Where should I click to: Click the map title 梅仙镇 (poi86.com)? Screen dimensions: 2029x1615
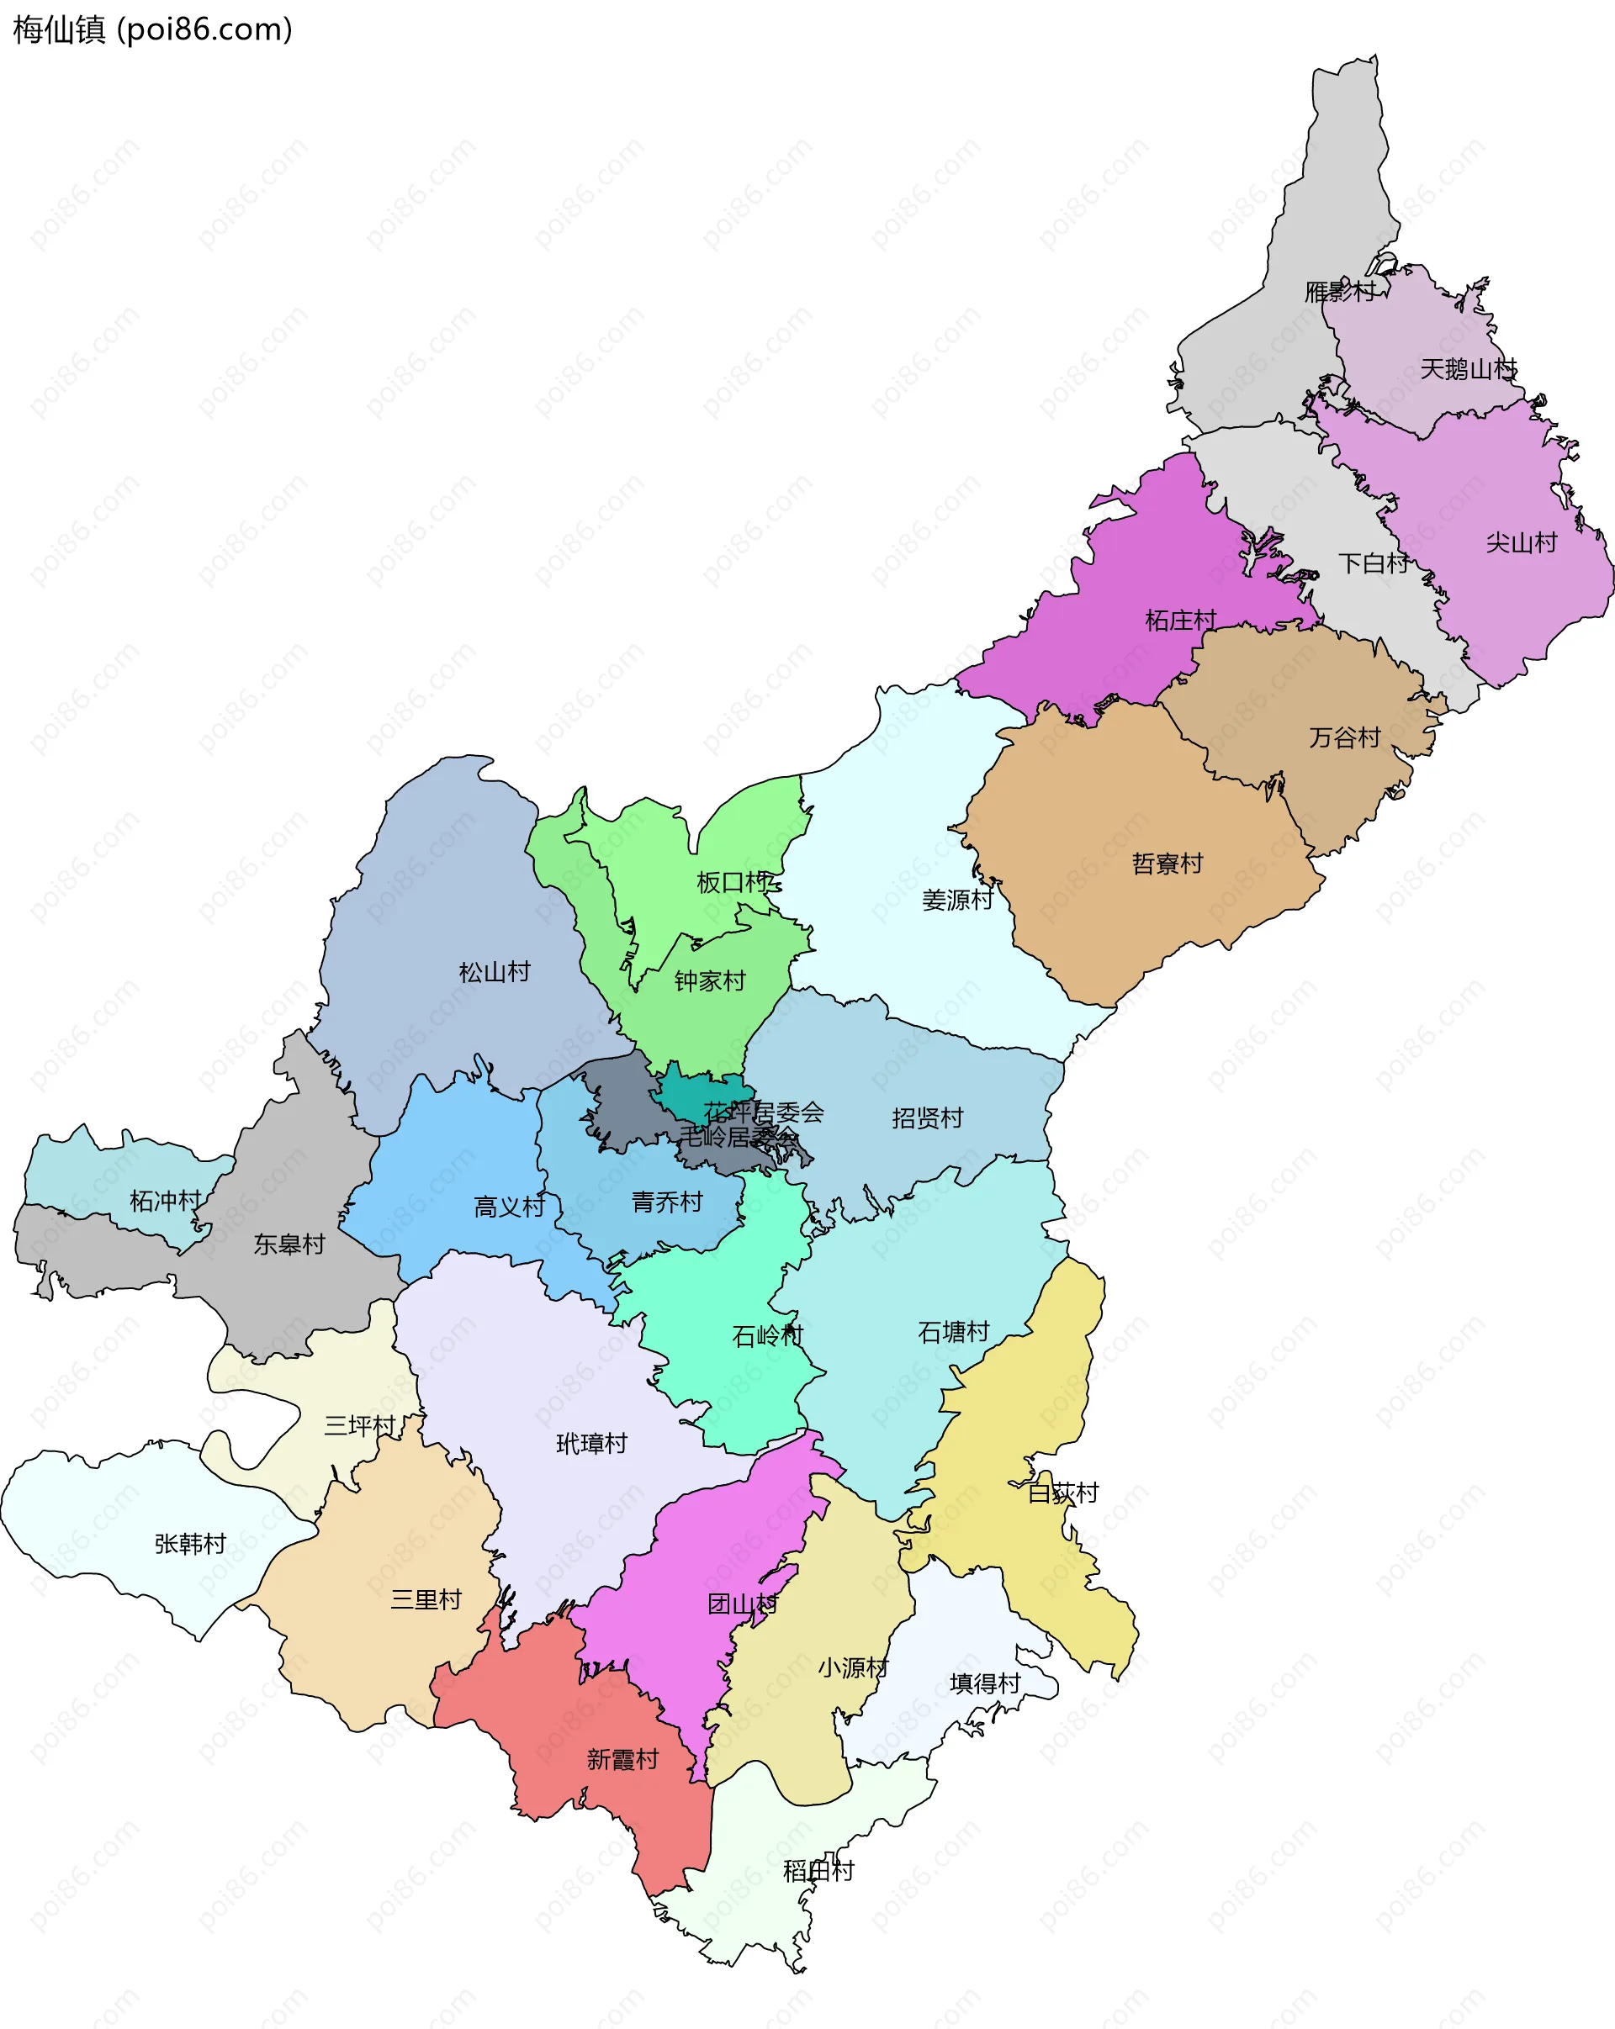(x=152, y=30)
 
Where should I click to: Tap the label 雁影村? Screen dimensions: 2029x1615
(x=1340, y=292)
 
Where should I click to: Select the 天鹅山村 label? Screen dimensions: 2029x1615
(x=1468, y=369)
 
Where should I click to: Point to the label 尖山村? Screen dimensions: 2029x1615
(x=1521, y=543)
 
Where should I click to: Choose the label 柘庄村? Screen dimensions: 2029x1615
(x=1180, y=621)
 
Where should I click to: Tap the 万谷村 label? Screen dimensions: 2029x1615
(x=1345, y=737)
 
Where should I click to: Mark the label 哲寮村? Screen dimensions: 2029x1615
(x=1167, y=864)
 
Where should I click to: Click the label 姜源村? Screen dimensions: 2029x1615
(x=957, y=900)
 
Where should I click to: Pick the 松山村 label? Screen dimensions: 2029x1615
(x=494, y=972)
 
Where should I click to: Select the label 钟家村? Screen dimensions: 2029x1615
(x=710, y=981)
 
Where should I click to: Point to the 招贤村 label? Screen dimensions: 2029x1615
(x=927, y=1118)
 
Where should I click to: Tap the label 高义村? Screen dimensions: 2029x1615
(x=509, y=1207)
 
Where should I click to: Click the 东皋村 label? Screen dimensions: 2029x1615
(x=289, y=1244)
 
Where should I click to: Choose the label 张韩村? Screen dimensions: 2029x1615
(x=190, y=1543)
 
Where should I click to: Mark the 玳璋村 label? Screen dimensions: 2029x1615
(x=591, y=1444)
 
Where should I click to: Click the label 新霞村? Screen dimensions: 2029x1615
(x=622, y=1759)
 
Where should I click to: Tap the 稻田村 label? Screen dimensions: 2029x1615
(x=818, y=1871)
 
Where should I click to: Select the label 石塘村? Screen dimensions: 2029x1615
(x=953, y=1332)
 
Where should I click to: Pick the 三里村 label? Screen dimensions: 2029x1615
(x=426, y=1600)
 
